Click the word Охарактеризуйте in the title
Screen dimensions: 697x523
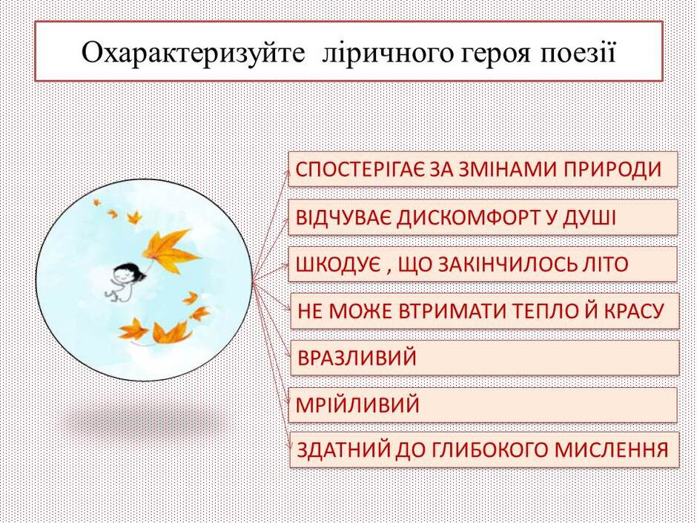click(194, 53)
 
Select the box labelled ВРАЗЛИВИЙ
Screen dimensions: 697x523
click(484, 358)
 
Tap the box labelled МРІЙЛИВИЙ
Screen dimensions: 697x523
click(483, 405)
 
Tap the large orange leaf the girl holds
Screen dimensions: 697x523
click(171, 251)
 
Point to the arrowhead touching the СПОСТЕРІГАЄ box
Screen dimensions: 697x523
click(289, 171)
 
